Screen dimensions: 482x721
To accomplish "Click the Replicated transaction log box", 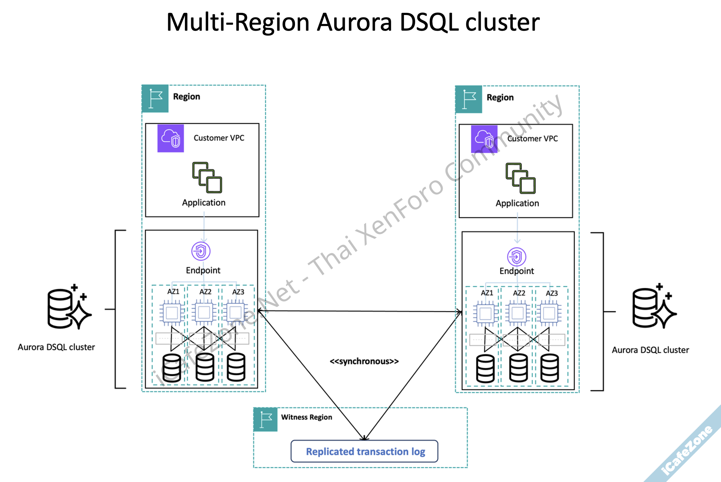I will pyautogui.click(x=364, y=451).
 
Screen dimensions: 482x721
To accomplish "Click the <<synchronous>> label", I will pyautogui.click(x=364, y=361).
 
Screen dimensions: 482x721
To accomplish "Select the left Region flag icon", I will pyautogui.click(x=155, y=99).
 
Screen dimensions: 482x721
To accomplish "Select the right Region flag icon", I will pyautogui.click(x=469, y=100).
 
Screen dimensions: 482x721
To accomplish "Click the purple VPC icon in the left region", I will pyautogui.click(x=171, y=138).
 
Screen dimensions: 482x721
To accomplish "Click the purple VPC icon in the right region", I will pyautogui.click(x=484, y=139).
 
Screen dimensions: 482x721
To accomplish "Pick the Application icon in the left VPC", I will pyautogui.click(x=207, y=177).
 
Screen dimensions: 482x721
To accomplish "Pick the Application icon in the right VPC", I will pyautogui.click(x=521, y=178).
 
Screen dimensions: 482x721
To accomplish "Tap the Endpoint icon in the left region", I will pyautogui.click(x=201, y=251).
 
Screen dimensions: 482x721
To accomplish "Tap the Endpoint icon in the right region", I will pyautogui.click(x=517, y=257).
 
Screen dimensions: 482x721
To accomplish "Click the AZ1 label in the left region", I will pyautogui.click(x=173, y=291).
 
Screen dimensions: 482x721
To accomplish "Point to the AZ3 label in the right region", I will pyautogui.click(x=552, y=293).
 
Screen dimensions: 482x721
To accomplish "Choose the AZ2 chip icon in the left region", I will pyautogui.click(x=204, y=312).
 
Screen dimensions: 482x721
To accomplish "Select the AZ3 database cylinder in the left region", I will pyautogui.click(x=236, y=367).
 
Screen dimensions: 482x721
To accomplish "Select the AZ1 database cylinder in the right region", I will pyautogui.click(x=485, y=368).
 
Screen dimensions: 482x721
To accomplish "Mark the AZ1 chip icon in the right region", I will pyautogui.click(x=486, y=313).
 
